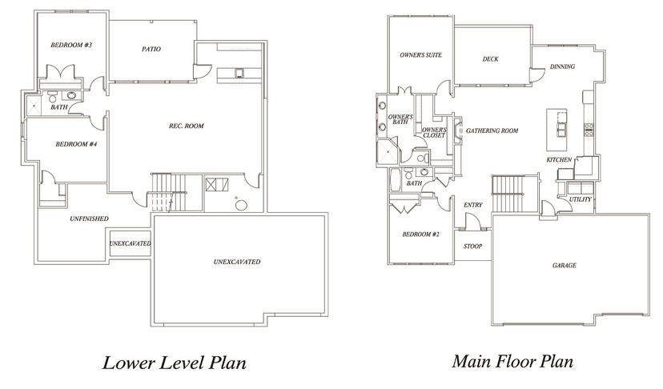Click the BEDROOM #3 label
(71, 45)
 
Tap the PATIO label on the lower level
(151, 49)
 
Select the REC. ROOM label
(187, 126)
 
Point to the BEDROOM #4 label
(77, 144)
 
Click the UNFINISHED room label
(89, 219)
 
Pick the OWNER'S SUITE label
(420, 55)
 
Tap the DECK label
(491, 59)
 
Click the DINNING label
(562, 66)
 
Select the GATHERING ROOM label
(492, 130)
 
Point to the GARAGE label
(565, 266)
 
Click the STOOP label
(472, 246)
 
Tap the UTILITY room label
(580, 199)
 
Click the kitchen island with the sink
(557, 130)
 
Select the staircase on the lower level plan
(168, 192)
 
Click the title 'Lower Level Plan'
(175, 363)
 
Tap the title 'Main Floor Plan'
(512, 362)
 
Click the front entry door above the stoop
(472, 221)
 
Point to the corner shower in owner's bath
(388, 151)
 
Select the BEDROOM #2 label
(421, 235)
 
